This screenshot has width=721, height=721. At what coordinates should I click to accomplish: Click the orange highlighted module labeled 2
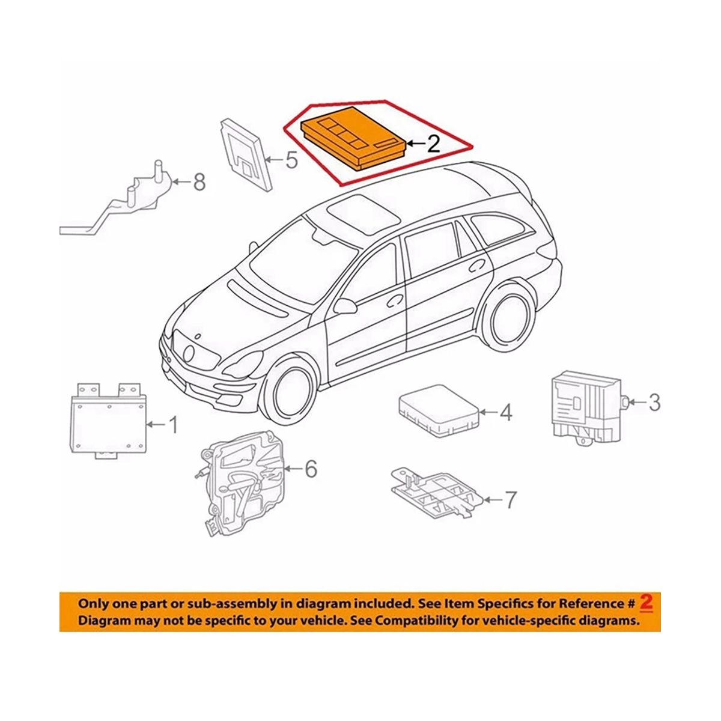(x=353, y=139)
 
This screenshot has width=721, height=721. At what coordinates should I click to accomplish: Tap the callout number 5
(x=291, y=160)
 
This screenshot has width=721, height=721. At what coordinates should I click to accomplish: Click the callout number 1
(x=172, y=425)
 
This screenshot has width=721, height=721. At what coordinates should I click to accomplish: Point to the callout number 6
(x=311, y=469)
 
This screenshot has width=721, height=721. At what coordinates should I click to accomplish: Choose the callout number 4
(x=505, y=412)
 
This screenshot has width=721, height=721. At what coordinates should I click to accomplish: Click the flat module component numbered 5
(x=246, y=154)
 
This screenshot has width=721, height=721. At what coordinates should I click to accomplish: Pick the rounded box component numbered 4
(x=439, y=410)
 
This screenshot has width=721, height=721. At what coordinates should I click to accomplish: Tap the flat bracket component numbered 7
(x=437, y=493)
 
